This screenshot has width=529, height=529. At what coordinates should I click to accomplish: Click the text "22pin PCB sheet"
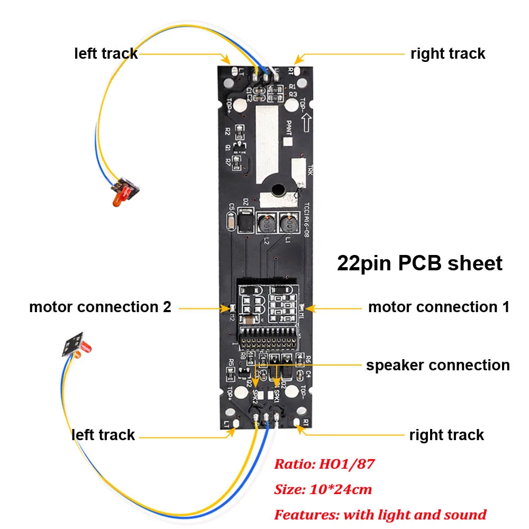click(419, 263)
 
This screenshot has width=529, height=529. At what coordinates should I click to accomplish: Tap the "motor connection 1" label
click(439, 307)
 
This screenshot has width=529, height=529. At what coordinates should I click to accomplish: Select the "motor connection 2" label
click(100, 307)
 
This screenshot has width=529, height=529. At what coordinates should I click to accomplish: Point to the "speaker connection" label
click(437, 365)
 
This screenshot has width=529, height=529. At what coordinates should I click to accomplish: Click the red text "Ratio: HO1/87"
click(324, 464)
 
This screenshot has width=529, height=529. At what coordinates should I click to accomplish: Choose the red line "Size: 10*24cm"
click(323, 489)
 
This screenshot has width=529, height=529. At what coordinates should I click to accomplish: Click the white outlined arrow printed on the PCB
click(305, 125)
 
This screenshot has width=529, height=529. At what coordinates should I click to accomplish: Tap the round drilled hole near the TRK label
click(276, 189)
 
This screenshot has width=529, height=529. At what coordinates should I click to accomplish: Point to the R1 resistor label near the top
click(292, 86)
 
